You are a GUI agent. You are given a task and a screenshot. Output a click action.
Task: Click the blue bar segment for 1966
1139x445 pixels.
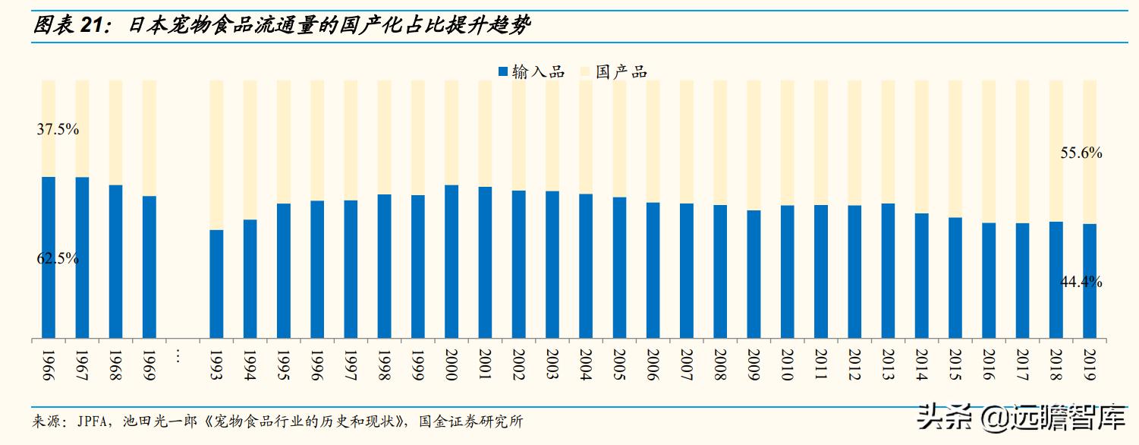pyautogui.click(x=49, y=257)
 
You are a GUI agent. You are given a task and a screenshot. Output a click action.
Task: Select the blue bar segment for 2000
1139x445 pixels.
pyautogui.click(x=452, y=261)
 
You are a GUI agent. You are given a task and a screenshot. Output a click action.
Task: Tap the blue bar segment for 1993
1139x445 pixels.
pyautogui.click(x=216, y=284)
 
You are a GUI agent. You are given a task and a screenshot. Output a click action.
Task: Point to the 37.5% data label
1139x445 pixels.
pyautogui.click(x=58, y=129)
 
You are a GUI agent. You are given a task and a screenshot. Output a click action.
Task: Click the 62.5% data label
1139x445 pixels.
pyautogui.click(x=58, y=258)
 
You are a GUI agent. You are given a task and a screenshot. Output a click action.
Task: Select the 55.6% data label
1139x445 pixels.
pyautogui.click(x=1081, y=153)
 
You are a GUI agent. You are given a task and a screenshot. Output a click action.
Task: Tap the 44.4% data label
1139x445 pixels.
pyautogui.click(x=1081, y=282)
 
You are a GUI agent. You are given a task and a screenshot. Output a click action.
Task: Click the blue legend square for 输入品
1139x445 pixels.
pyautogui.click(x=502, y=72)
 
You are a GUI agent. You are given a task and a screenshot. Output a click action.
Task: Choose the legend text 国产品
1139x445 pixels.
pyautogui.click(x=621, y=72)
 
